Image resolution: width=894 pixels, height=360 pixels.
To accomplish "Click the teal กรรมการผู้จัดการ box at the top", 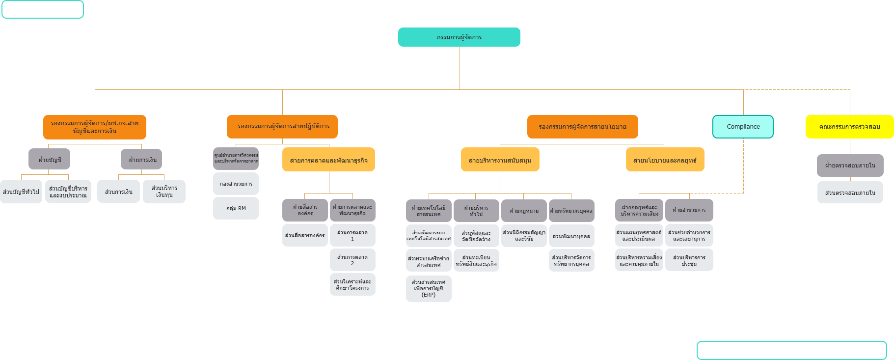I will pyautogui.click(x=459, y=37).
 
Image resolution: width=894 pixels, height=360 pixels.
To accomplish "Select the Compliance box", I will pyautogui.click(x=743, y=127).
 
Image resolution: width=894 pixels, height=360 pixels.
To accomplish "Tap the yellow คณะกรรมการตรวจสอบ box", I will pyautogui.click(x=849, y=127).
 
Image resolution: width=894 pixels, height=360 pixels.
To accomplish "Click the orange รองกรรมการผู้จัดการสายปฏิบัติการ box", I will pyautogui.click(x=282, y=127).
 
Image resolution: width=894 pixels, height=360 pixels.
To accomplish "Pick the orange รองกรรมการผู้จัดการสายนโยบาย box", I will pyautogui.click(x=582, y=127).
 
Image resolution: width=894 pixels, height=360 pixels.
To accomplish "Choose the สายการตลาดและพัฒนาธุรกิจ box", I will pyautogui.click(x=328, y=160).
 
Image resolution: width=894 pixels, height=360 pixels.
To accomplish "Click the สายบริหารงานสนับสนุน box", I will pyautogui.click(x=500, y=160).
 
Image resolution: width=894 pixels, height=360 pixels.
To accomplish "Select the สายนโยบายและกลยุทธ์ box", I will pyautogui.click(x=665, y=160).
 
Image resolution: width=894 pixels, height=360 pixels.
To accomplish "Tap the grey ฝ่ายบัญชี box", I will pyautogui.click(x=50, y=159).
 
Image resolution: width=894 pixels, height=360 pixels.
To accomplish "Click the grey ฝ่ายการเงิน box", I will pyautogui.click(x=141, y=159).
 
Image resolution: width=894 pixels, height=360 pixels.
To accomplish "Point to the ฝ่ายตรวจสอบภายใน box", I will pyautogui.click(x=850, y=166).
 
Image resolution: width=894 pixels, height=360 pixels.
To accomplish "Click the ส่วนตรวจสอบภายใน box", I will pyautogui.click(x=850, y=193).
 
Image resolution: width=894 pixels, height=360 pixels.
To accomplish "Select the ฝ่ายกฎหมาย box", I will pyautogui.click(x=524, y=211).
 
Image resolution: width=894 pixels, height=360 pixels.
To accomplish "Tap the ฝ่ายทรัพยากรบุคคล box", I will pyautogui.click(x=571, y=211).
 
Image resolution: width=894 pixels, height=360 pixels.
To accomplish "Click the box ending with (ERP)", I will pyautogui.click(x=429, y=289).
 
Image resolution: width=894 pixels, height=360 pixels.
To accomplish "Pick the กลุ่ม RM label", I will pyautogui.click(x=236, y=209).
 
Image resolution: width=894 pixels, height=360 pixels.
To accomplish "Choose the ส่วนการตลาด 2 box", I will pyautogui.click(x=352, y=260).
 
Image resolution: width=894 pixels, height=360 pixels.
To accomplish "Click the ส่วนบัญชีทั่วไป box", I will pyautogui.click(x=21, y=192).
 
